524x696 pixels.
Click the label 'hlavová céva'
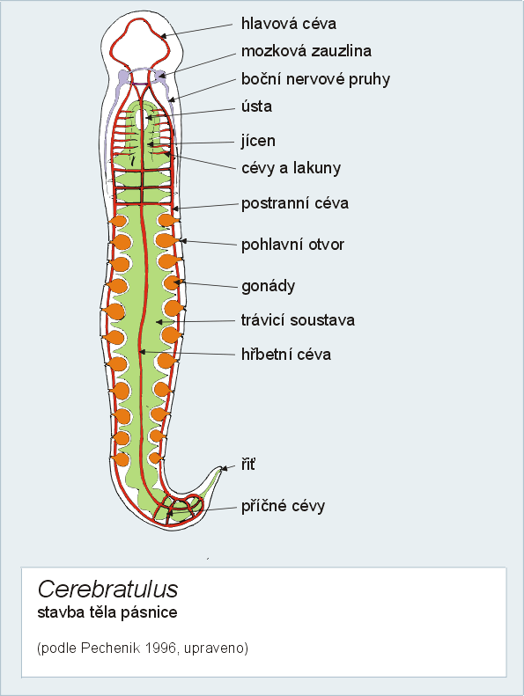(289, 23)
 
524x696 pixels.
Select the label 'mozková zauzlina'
(306, 51)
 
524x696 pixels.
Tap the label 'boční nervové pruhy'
(315, 79)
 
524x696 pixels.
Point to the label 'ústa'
(256, 106)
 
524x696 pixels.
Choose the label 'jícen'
(258, 141)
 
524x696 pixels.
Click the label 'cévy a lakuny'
(292, 168)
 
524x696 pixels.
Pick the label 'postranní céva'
(295, 203)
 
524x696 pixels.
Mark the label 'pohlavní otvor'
(292, 244)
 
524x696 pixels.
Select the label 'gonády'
(268, 286)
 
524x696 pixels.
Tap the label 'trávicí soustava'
(298, 320)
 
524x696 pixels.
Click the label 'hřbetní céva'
(286, 355)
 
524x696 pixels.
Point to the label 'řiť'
(248, 465)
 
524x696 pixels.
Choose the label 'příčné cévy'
(283, 506)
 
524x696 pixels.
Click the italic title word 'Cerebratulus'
(108, 590)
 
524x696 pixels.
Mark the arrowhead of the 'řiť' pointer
(224, 468)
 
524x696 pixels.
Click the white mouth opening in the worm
(140, 118)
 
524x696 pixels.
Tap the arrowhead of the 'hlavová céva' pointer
(164, 35)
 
